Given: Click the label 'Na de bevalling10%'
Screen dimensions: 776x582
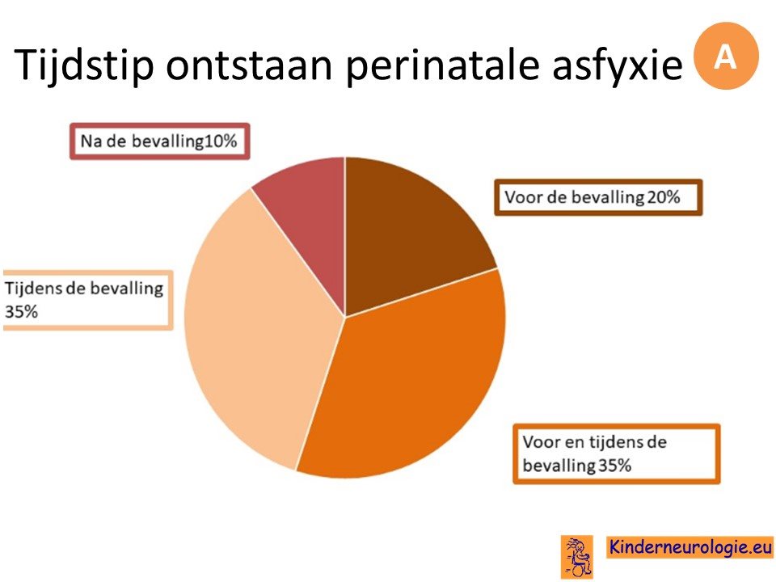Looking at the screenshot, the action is [x=159, y=141].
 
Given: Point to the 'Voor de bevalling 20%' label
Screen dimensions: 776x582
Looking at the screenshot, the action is [x=598, y=197].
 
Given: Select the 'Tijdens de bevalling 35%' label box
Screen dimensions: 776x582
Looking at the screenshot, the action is [x=87, y=300].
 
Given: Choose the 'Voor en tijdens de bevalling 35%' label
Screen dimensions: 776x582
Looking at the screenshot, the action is [x=616, y=453].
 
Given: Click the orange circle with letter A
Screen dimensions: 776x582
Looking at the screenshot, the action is [x=726, y=56].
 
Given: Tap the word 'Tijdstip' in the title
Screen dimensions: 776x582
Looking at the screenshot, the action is [x=84, y=65].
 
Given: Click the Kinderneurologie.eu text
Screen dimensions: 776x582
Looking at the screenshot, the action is [x=690, y=547].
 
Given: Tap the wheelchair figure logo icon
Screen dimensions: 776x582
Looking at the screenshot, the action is [x=576, y=557].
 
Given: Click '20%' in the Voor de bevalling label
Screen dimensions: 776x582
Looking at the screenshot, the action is [x=664, y=197].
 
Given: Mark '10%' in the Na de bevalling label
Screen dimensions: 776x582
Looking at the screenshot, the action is [x=221, y=141].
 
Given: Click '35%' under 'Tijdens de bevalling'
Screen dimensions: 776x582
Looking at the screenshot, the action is [x=21, y=312].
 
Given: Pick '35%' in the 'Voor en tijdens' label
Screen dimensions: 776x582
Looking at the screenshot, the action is [x=614, y=466].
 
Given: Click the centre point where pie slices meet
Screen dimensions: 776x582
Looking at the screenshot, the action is [x=345, y=317].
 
